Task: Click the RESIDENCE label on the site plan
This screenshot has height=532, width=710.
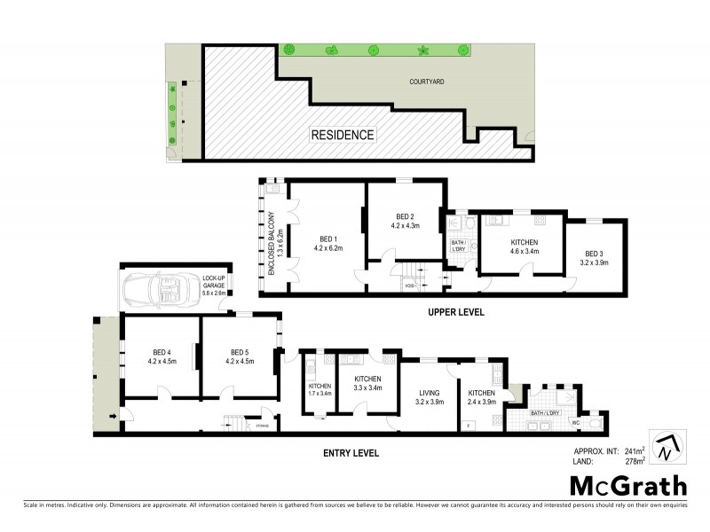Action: pos(342,136)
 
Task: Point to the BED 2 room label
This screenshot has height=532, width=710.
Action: pos(405,221)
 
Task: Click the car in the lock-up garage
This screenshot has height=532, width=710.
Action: pos(162,289)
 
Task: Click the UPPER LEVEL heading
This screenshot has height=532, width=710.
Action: pos(454,312)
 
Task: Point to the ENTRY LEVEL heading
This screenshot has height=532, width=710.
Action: pos(351,452)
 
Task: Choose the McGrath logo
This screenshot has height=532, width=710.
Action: pos(627,486)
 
